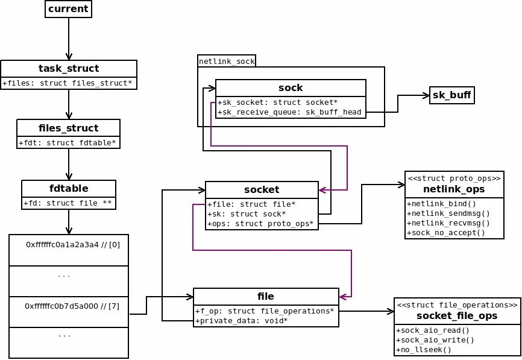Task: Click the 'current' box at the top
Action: (x=69, y=9)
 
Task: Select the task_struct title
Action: (x=69, y=69)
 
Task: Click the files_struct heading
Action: (x=68, y=128)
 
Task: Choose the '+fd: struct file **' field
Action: (x=68, y=203)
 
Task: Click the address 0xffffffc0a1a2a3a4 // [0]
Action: (x=69, y=245)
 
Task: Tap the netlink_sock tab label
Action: (x=227, y=61)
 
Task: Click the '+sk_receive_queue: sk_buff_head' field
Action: (x=291, y=112)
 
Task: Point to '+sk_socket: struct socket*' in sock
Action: (x=277, y=103)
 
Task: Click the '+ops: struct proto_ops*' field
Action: (x=260, y=224)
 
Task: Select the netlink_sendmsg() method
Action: (x=448, y=213)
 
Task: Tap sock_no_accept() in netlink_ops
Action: (x=445, y=233)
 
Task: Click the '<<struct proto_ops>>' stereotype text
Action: (x=454, y=178)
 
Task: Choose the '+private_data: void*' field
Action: (x=241, y=320)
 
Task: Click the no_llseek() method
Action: (x=424, y=349)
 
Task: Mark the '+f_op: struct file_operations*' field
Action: (x=264, y=311)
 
